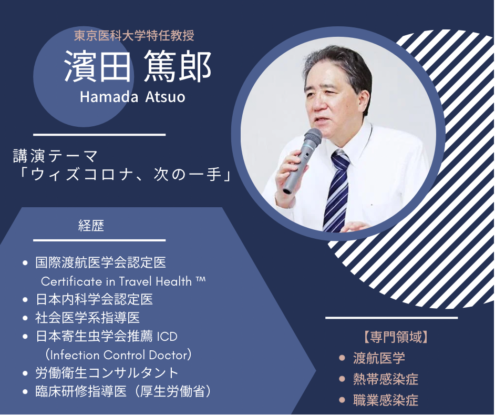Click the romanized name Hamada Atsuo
(x=132, y=97)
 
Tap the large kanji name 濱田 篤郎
(x=138, y=67)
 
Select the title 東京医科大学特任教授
(x=134, y=36)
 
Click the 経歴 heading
(x=91, y=226)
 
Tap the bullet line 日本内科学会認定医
(x=94, y=299)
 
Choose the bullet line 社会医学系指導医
(x=87, y=318)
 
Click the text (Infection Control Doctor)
(x=118, y=355)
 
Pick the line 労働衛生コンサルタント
(x=107, y=373)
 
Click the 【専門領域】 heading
(x=396, y=337)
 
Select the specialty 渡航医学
(x=379, y=358)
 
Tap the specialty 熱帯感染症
(x=386, y=379)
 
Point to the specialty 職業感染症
(x=386, y=400)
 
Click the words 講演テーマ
(x=56, y=156)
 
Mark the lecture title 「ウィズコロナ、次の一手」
(x=125, y=175)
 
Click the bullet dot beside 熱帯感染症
(x=342, y=379)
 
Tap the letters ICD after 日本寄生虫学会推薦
(x=167, y=337)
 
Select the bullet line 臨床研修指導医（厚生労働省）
(x=123, y=391)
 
